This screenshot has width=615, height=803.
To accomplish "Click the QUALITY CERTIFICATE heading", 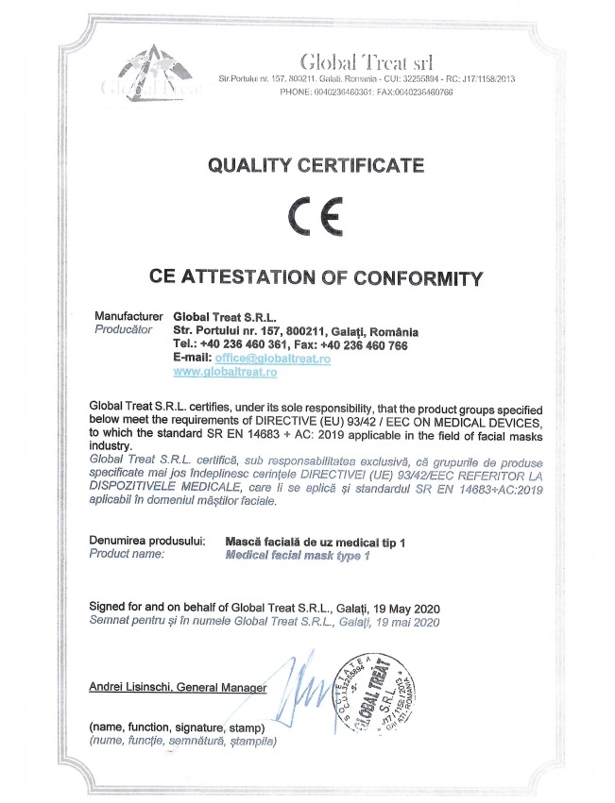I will pyautogui.click(x=316, y=166).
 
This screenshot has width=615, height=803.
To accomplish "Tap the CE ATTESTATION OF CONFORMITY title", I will pyautogui.click(x=316, y=277).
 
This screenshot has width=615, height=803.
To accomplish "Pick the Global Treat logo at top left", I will pyautogui.click(x=148, y=75).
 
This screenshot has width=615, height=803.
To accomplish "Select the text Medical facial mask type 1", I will pyautogui.click(x=298, y=557).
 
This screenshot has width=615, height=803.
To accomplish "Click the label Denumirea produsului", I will pyautogui.click(x=145, y=542).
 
